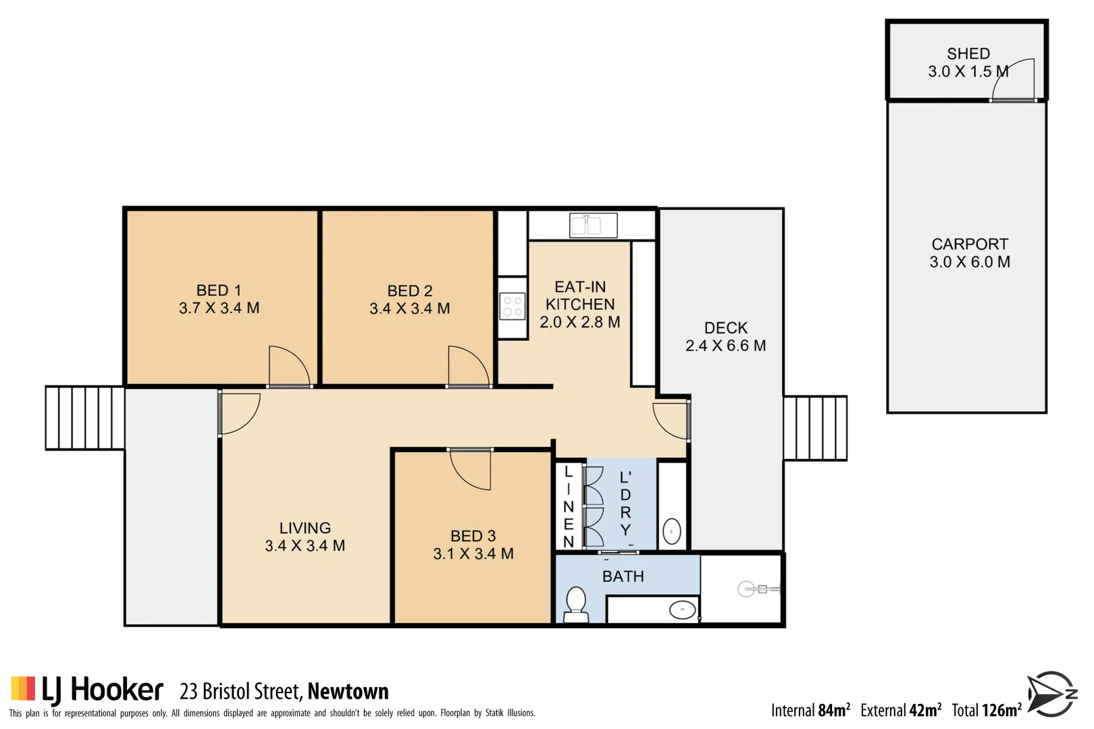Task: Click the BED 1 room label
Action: [218, 290]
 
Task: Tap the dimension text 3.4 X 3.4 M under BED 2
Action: [409, 308]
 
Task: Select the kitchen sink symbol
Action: [594, 225]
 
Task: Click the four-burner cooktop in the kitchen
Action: [513, 306]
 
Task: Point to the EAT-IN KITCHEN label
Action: [580, 296]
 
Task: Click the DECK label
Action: [726, 328]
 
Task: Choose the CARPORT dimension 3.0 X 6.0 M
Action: [970, 262]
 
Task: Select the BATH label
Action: [623, 576]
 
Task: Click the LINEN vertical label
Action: [569, 506]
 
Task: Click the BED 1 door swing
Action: [288, 367]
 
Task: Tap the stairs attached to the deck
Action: [815, 428]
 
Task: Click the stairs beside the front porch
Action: [84, 418]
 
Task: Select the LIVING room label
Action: [305, 528]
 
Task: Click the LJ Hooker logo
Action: [87, 690]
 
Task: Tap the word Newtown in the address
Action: [348, 691]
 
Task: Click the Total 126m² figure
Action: [987, 710]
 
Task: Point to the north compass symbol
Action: [1051, 694]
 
